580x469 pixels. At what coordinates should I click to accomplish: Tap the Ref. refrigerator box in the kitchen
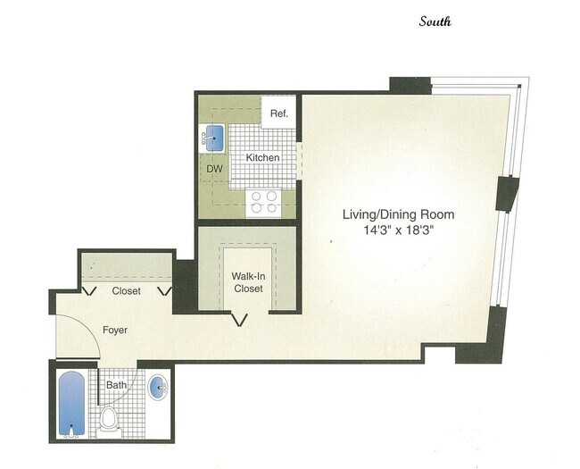tap(278, 113)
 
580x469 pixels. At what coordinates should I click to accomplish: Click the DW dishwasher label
tap(214, 168)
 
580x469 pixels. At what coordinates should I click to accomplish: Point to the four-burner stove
tap(263, 202)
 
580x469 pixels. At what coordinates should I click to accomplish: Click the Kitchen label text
tap(263, 157)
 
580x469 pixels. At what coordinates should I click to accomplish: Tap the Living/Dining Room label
tap(399, 214)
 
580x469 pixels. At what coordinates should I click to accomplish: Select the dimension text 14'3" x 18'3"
tap(399, 230)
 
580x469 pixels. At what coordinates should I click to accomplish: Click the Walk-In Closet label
tap(248, 282)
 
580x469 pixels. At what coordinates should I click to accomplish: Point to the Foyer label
tap(114, 330)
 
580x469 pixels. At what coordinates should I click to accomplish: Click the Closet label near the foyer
tap(127, 291)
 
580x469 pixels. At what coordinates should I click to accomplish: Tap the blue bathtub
tap(72, 404)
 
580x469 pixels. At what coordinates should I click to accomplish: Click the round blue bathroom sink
tap(158, 388)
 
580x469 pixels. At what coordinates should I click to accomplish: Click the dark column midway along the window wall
tap(507, 194)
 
